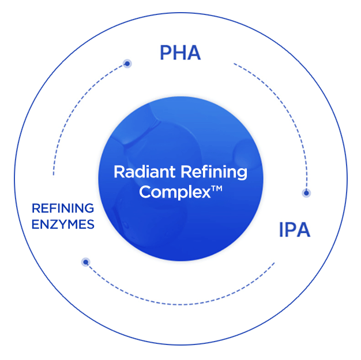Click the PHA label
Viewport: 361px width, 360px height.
click(180, 52)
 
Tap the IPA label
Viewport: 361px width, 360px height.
click(294, 230)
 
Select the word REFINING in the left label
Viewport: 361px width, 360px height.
click(63, 207)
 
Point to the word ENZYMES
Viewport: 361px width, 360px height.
click(63, 225)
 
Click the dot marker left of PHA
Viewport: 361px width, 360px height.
click(127, 63)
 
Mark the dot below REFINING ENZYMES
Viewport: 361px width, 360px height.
click(86, 262)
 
